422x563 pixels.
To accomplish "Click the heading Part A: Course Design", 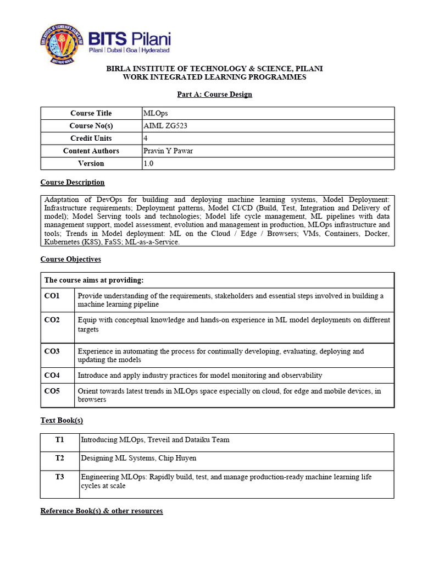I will pyautogui.click(x=214, y=94).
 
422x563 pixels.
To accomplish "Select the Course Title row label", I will pyautogui.click(x=91, y=113).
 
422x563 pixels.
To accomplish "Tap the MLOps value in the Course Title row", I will pyautogui.click(x=152, y=113).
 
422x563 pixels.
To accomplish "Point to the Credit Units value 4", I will pyautogui.click(x=146, y=139).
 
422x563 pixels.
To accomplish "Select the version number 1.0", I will pyautogui.click(x=149, y=163).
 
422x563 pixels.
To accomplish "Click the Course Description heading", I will pyautogui.click(x=73, y=182).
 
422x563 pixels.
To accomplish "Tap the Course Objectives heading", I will pyautogui.click(x=71, y=259).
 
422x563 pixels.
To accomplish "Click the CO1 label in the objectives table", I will pyautogui.click(x=52, y=296).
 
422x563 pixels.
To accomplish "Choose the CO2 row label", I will pyautogui.click(x=52, y=320).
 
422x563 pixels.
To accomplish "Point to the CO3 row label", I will pyautogui.click(x=52, y=351).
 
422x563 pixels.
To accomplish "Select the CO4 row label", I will pyautogui.click(x=52, y=376).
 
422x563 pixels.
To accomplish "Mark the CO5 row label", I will pyautogui.click(x=52, y=391).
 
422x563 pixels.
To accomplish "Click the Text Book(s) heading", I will pyautogui.click(x=62, y=420).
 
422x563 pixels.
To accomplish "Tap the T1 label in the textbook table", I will pyautogui.click(x=60, y=440).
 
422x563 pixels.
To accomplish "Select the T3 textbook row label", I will pyautogui.click(x=60, y=477).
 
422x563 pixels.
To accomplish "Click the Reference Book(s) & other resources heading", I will pyautogui.click(x=102, y=511).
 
